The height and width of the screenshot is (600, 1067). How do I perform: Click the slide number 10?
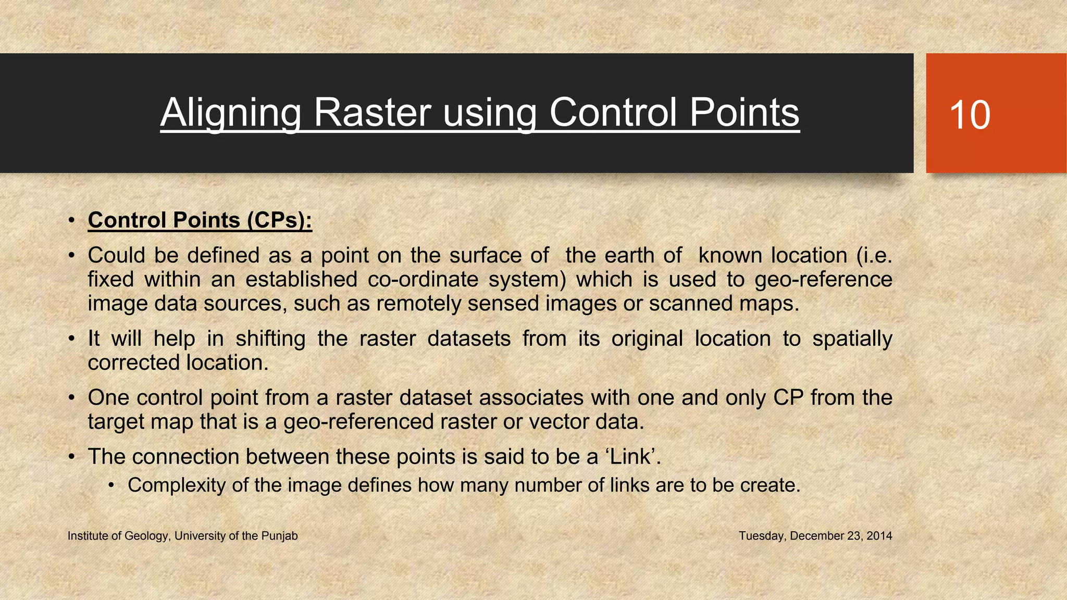[x=970, y=115]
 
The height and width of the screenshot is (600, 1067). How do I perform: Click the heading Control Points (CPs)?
[x=200, y=220]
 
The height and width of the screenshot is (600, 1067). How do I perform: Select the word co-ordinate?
[x=423, y=280]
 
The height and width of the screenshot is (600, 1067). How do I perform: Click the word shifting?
[x=270, y=339]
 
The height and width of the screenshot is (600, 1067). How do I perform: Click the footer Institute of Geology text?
[x=182, y=536]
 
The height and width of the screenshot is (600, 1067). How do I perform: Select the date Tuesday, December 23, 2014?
[x=815, y=536]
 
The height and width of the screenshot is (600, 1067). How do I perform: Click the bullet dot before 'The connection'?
[x=72, y=457]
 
